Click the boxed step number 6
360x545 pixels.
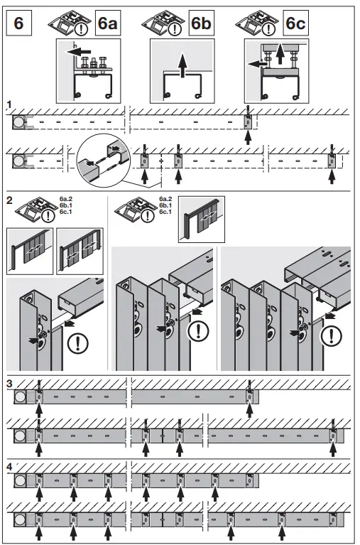coord(19,22)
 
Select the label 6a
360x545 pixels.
coord(107,23)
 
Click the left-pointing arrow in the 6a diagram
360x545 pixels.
coord(83,50)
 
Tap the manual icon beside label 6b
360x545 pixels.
coord(164,23)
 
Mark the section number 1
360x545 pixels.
coord(9,104)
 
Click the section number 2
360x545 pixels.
coord(9,200)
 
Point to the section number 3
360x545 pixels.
coord(9,384)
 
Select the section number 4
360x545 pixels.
coord(9,465)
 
